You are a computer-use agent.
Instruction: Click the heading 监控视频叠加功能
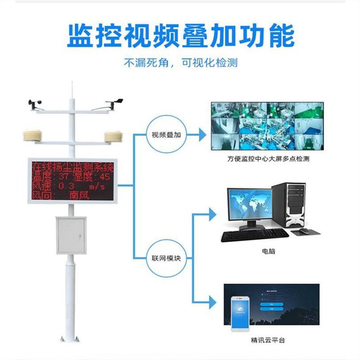(x=180, y=36)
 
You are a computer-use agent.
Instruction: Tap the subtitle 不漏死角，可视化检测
(x=180, y=63)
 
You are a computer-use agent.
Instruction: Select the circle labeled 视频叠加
(x=166, y=135)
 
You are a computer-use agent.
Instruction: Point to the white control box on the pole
(x=71, y=235)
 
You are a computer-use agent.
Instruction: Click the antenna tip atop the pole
(x=72, y=86)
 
